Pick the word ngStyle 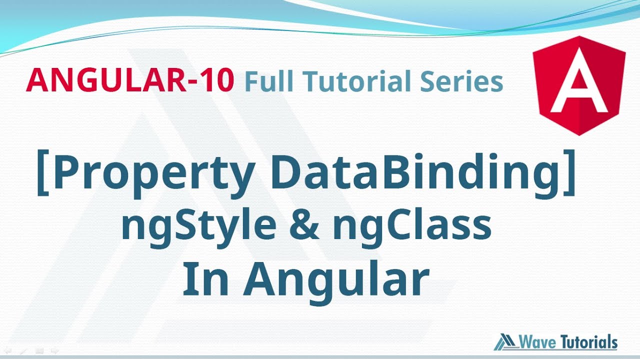point(198,226)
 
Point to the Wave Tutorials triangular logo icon point(505,342)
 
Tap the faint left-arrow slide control point(7,351)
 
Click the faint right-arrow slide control point(55,351)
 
